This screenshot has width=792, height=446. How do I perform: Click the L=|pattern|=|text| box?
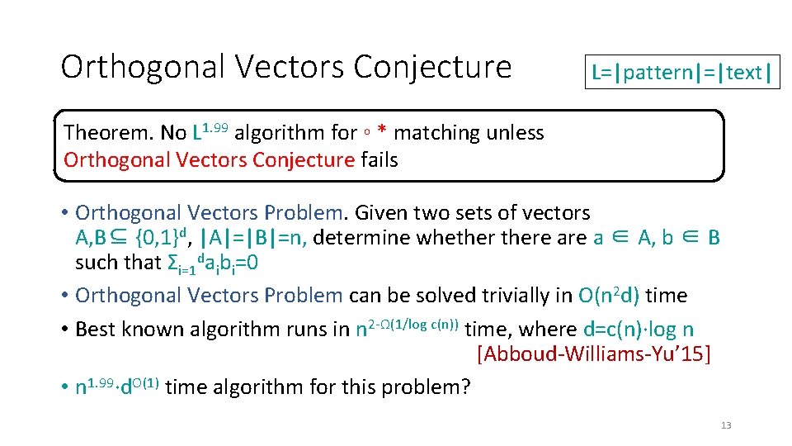(x=681, y=73)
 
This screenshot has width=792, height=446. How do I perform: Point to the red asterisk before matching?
(x=383, y=133)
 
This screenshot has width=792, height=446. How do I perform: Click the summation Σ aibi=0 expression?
(x=212, y=263)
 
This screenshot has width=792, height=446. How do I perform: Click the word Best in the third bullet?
(x=95, y=330)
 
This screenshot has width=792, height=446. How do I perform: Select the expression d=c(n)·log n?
(x=639, y=330)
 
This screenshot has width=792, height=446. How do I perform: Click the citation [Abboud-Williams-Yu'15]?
(x=593, y=355)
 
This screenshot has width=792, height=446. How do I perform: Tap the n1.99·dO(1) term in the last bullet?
(x=117, y=387)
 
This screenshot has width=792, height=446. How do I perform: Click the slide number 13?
(x=726, y=425)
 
